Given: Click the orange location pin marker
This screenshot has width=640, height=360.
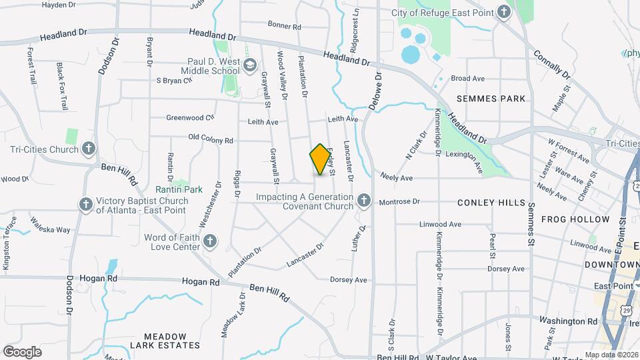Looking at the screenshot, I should (x=321, y=159).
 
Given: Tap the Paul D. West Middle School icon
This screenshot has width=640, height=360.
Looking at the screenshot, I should (x=250, y=65).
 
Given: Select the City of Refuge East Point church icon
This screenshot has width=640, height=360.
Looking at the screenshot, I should (x=504, y=13).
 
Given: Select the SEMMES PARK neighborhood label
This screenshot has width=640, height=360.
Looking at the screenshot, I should (x=491, y=99).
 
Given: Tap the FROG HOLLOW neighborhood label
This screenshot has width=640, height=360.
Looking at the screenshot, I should (x=575, y=219).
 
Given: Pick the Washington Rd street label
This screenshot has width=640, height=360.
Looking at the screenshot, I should (x=568, y=321).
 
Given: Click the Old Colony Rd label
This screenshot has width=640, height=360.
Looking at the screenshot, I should (x=211, y=141).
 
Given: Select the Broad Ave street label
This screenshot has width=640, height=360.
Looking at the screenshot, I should (x=467, y=79).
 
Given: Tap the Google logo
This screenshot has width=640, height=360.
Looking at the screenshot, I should (x=22, y=351).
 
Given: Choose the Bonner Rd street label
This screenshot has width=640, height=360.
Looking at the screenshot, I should (x=285, y=26).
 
